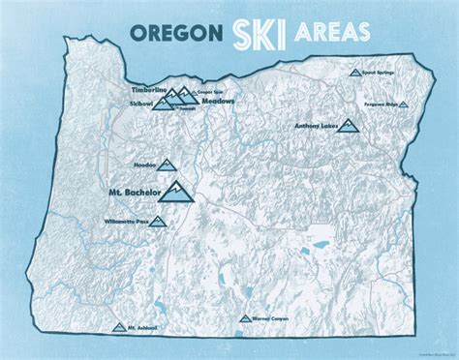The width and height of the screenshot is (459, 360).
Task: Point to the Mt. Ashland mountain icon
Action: click(118, 327)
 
